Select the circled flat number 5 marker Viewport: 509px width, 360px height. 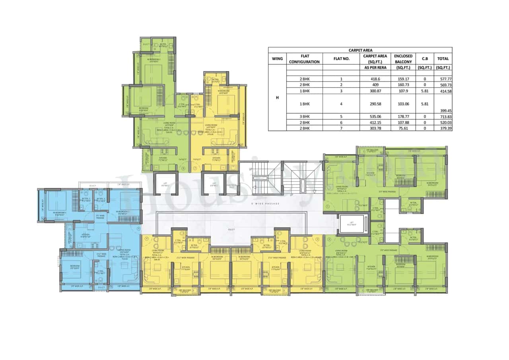point(138,228)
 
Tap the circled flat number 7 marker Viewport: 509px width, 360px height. point(195,168)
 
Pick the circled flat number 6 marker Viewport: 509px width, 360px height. point(183,168)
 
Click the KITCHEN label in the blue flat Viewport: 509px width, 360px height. point(86,235)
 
